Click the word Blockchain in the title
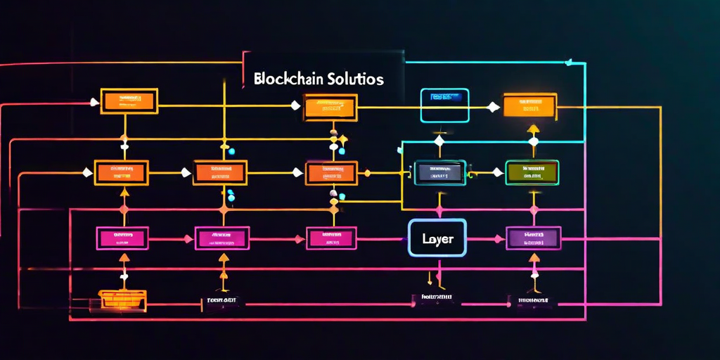[x=288, y=79]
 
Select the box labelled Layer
[x=437, y=238]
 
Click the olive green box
[x=532, y=172]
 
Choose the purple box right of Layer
[x=534, y=238]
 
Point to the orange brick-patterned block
[x=122, y=299]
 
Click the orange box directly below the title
[x=330, y=107]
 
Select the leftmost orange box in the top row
[x=129, y=101]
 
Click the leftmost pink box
[x=122, y=238]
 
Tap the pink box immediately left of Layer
[x=331, y=238]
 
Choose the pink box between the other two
[x=221, y=238]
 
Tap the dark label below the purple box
[x=532, y=300]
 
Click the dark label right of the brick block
[x=220, y=300]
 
